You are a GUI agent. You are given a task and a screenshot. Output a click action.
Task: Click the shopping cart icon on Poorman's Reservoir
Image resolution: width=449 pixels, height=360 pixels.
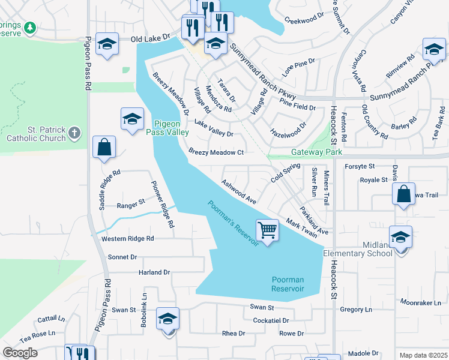pos(267,229)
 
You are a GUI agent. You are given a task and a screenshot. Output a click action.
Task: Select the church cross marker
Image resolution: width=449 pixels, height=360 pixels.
pos(74,131)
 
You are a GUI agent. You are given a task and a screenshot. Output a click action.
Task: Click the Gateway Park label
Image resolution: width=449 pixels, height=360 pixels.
pos(317,152)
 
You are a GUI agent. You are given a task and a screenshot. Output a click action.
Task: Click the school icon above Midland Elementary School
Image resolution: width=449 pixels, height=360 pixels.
pos(400,236)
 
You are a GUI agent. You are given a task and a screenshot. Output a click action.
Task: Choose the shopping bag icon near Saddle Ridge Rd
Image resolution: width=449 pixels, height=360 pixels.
pos(104,147)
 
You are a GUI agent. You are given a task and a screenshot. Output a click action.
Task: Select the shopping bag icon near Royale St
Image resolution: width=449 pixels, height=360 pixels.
pos(404,194)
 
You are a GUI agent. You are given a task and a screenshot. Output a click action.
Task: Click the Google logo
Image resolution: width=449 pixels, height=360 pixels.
pos(20,353)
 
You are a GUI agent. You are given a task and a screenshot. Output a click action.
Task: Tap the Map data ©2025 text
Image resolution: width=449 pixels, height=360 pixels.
pos(423,355)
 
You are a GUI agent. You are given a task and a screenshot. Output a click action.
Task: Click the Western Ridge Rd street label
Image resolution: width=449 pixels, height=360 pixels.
pos(127,238)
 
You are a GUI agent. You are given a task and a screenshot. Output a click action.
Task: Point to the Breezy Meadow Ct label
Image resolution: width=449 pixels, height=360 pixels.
pos(216,152)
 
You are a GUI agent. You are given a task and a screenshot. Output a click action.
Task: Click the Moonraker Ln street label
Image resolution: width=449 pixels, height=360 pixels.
pos(420,303)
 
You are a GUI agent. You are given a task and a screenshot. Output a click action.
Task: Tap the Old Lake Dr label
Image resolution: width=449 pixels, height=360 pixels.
pos(151,39)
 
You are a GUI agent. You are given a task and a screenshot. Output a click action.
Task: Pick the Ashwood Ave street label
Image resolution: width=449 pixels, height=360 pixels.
pos(239,191)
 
